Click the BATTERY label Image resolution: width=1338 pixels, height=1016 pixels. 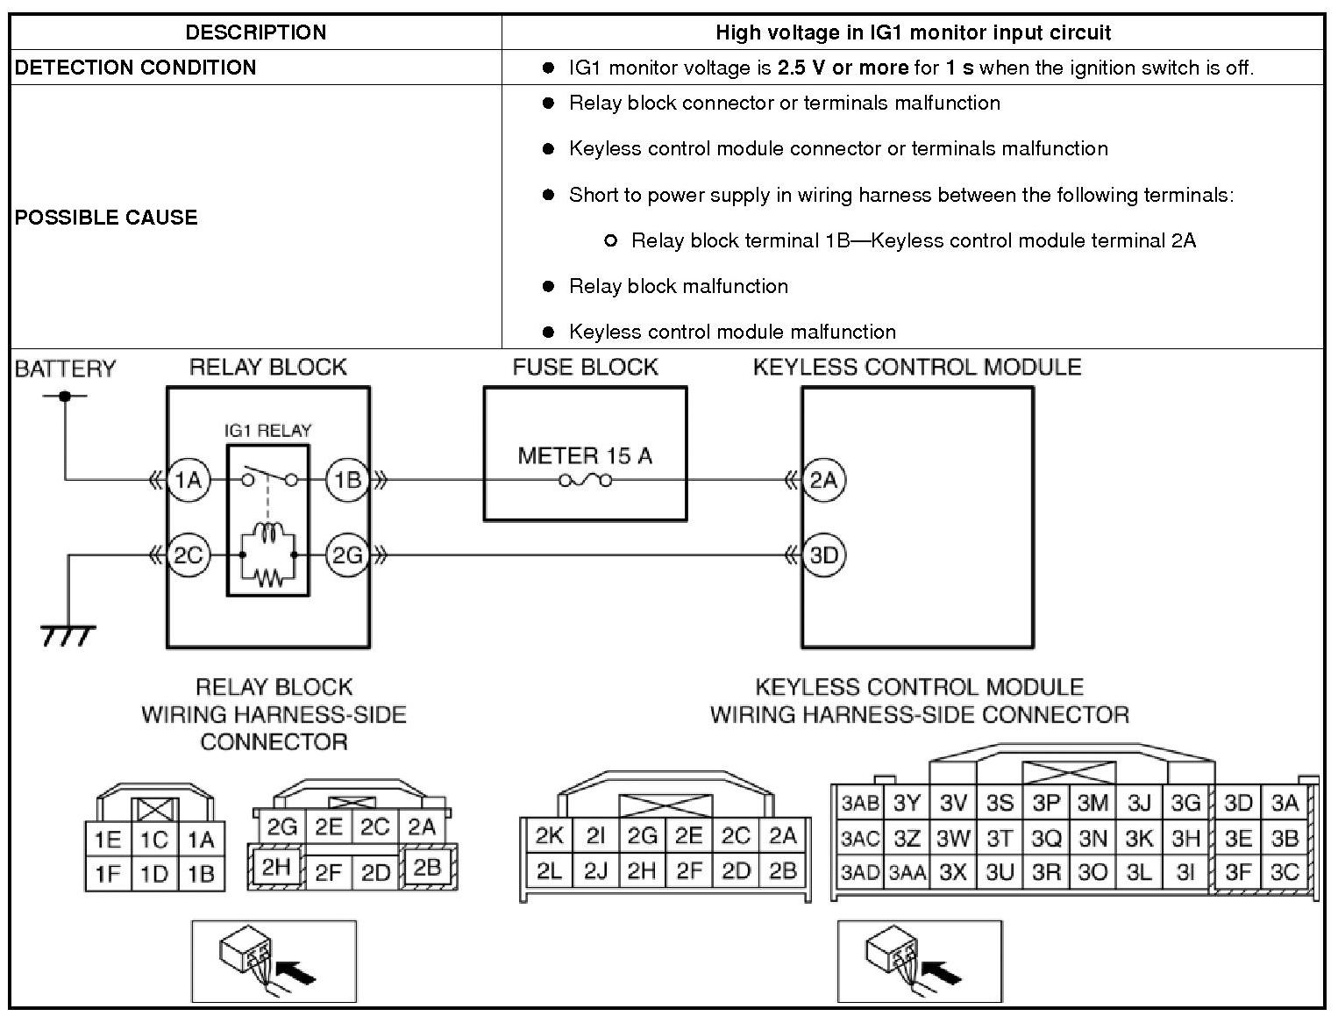65,368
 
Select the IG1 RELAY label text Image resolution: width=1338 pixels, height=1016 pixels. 267,431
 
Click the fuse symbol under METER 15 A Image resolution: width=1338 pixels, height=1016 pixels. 585,481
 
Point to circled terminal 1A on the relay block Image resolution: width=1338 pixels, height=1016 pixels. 189,480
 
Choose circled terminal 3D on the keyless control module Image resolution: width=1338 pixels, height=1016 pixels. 824,555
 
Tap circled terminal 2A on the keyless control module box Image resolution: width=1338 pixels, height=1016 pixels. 824,480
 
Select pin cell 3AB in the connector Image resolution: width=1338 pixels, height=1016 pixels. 859,803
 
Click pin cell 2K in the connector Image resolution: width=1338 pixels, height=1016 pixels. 549,835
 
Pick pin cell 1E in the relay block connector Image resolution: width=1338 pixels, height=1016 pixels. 108,840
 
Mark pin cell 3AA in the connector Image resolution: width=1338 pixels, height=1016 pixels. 907,874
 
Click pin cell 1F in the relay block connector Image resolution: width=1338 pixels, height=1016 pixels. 108,874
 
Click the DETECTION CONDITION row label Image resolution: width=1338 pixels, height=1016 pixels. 136,68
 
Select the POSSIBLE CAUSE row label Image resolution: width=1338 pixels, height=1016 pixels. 106,218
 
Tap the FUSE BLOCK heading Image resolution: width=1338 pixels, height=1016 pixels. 585,368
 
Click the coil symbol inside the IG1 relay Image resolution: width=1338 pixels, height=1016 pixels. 267,537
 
